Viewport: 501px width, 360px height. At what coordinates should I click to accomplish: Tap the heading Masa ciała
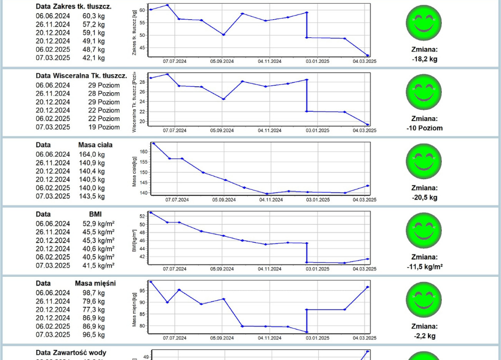(95, 145)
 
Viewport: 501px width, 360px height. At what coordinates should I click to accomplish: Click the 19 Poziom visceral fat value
(104, 127)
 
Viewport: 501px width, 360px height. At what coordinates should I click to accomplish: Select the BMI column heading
(96, 214)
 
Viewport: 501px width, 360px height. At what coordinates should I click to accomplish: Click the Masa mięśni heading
(95, 283)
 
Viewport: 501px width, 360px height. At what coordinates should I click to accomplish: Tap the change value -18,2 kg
(424, 59)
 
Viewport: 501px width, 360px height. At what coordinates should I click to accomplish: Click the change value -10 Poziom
(424, 128)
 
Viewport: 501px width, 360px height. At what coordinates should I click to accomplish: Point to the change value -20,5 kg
(424, 197)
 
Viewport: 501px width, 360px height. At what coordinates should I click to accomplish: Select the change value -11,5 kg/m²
(424, 266)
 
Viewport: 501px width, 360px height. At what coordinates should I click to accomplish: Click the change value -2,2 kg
(424, 336)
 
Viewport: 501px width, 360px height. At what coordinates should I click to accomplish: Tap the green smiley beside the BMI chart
(424, 230)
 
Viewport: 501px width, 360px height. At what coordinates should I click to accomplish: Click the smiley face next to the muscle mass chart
(424, 299)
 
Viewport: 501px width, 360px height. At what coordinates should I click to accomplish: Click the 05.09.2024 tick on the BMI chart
(222, 269)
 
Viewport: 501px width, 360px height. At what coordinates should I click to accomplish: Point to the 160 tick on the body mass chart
(143, 151)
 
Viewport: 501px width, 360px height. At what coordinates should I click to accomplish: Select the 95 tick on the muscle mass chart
(143, 291)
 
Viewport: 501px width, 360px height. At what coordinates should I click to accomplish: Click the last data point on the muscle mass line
(368, 287)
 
